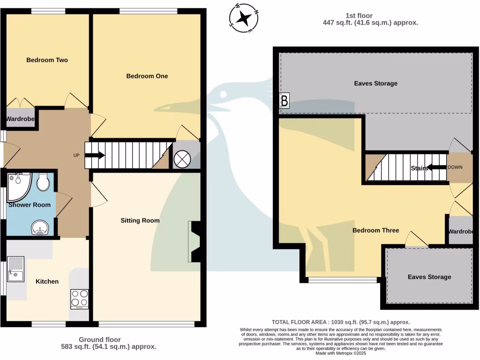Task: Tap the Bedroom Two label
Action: (47, 60)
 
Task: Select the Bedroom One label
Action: (147, 76)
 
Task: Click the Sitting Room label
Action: (140, 220)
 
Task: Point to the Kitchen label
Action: (47, 281)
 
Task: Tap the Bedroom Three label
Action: (375, 230)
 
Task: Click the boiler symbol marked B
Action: (284, 101)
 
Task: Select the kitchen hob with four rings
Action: (79, 299)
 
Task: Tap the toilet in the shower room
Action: (43, 182)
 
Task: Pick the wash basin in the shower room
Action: (40, 229)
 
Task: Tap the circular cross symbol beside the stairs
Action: (182, 159)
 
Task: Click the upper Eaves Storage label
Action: (375, 83)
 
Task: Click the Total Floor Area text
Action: (341, 322)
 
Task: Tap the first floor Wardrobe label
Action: (461, 232)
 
